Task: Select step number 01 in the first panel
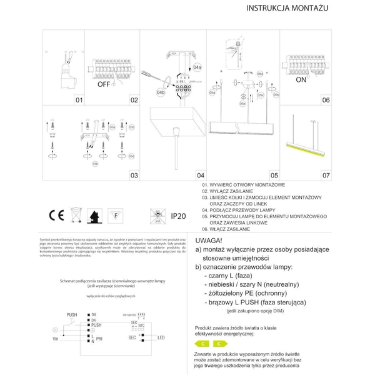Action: point(79,100)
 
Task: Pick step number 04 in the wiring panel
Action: point(201,176)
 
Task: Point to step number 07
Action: point(326,176)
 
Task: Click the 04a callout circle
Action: point(197,66)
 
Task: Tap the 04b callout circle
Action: point(161,93)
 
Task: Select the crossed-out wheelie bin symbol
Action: point(75,216)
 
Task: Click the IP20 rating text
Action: point(179,216)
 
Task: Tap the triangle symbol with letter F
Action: point(115,216)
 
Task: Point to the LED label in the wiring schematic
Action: point(161,337)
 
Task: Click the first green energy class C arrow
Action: point(202,344)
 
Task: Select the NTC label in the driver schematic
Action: point(141,325)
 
